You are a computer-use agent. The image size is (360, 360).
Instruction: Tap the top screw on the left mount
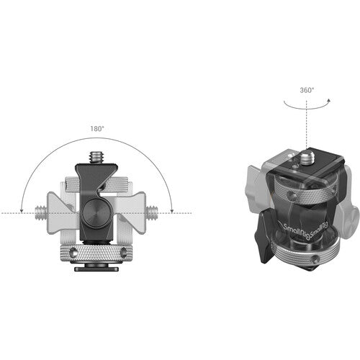point(95,153)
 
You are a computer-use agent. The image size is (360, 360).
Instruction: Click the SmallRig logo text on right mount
point(295,230)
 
